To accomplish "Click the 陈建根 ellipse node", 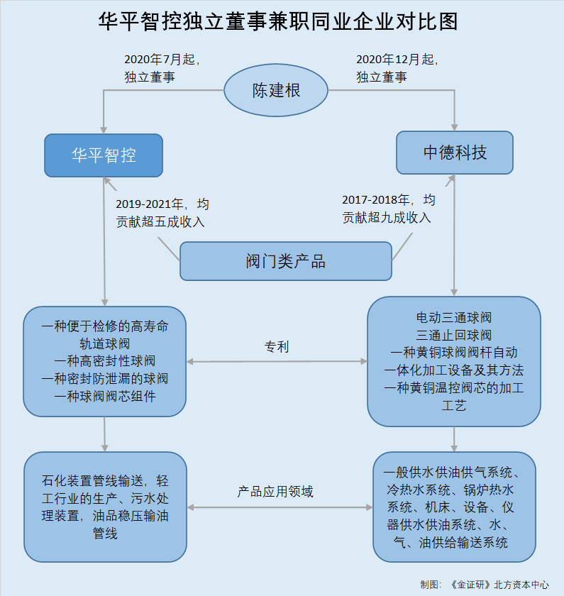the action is tap(276, 90).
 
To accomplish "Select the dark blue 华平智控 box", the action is tap(104, 155).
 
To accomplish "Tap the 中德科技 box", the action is tap(455, 153).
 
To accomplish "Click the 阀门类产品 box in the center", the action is tap(286, 261).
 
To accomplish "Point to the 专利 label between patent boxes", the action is tap(276, 347).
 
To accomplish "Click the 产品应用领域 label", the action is tap(275, 492).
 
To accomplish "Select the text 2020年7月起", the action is tap(160, 60).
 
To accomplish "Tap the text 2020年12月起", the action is tap(395, 60).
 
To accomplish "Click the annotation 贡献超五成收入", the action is tap(160, 221).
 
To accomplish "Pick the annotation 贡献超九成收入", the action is tap(387, 217).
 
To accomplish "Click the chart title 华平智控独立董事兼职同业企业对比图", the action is tap(278, 21).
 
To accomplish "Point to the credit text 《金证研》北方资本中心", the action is tap(499, 584).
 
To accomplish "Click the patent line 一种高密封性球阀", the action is tap(105, 360).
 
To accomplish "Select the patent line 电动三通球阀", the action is tap(454, 317).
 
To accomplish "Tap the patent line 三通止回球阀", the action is tap(454, 335).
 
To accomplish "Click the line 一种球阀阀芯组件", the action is tap(105, 396).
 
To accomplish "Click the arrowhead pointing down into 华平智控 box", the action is tap(104, 130).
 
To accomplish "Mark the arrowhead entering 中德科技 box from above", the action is tap(454, 127).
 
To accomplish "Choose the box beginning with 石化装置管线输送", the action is tap(105, 507).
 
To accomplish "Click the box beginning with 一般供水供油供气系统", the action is tap(454, 507).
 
